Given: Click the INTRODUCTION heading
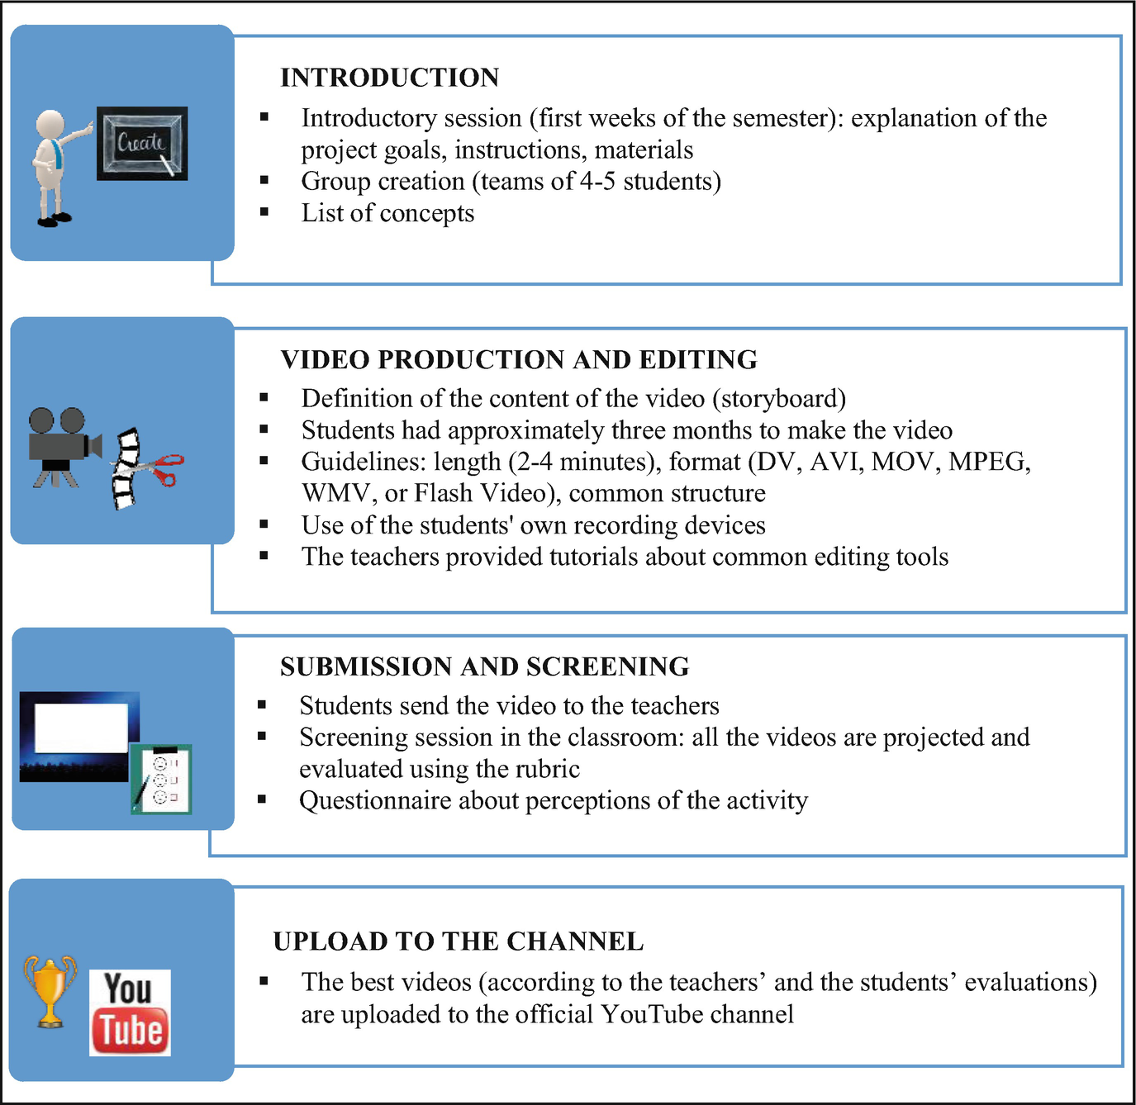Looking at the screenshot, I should click(x=389, y=78).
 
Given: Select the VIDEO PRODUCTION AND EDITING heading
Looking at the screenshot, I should click(x=519, y=360).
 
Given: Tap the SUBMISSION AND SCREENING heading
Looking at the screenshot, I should click(x=484, y=666).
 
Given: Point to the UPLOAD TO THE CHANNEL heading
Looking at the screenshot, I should click(x=458, y=941).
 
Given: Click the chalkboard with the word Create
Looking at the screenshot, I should click(x=142, y=143).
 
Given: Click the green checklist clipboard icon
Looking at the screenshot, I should click(x=162, y=779).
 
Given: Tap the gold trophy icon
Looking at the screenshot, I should click(x=50, y=991).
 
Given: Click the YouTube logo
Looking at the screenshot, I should click(x=130, y=1013).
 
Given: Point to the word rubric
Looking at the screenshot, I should click(x=545, y=770).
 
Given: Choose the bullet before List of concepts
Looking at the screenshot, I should click(x=264, y=212).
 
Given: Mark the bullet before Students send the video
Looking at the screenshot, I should click(x=262, y=704).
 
